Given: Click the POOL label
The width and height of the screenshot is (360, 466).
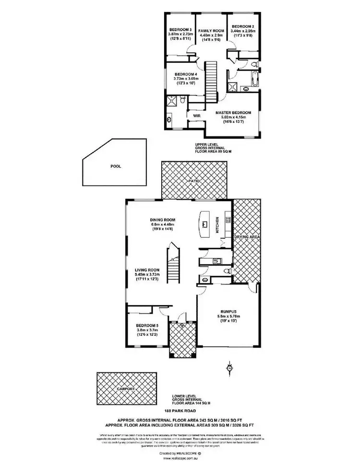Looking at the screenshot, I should pos(115,166).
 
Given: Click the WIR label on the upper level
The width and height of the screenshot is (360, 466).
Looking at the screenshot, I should pos(196,116).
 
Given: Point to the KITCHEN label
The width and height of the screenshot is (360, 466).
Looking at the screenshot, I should pos(217,225).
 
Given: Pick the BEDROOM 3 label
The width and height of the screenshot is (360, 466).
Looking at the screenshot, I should pos(180,29).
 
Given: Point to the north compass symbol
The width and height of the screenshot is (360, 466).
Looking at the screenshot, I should pos(229,369).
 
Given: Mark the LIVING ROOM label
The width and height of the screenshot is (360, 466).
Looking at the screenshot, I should pos(147,270).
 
